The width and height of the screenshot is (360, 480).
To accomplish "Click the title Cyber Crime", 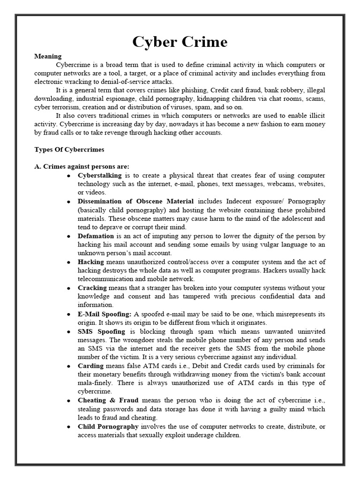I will pos(180,42).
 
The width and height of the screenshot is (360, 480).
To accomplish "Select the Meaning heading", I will pos(48,56).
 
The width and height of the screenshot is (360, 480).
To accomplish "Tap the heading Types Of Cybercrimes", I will pos(69,150).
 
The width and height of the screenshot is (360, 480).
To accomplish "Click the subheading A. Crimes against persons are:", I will pos(82,166).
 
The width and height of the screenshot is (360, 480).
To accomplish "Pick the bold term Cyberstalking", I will pos(99,175).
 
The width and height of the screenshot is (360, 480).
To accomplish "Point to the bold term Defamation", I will pos(96,236).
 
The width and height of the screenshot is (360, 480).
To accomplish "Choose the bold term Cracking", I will pos(92,287).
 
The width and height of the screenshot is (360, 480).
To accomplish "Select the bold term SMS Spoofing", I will pos(101,331).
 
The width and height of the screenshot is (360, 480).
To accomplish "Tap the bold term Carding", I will pos(90,366).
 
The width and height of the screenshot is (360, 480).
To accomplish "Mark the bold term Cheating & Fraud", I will pos(108,400).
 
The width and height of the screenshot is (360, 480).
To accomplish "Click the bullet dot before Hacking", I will pos(69,262).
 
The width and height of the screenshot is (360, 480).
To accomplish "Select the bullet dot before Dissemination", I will pos(69,202).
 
